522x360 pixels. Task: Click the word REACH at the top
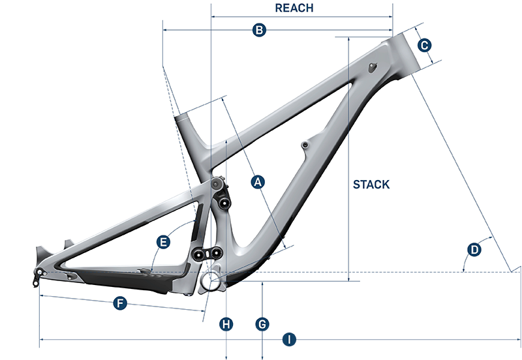coord(294,8)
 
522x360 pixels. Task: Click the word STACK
coord(371,185)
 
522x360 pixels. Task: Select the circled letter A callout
coord(258,181)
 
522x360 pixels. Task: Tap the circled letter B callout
coord(258,29)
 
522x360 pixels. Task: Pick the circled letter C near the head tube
coord(423,45)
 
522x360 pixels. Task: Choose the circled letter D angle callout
coord(474,248)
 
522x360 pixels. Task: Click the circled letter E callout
coord(164,242)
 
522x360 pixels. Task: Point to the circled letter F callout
coord(119,303)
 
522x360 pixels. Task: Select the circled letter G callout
coord(262,323)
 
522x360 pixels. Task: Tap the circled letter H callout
coord(226,323)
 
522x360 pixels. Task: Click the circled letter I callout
coord(290,339)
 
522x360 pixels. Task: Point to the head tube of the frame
coord(402,55)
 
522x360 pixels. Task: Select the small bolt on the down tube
coord(305,145)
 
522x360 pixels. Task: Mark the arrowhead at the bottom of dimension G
coord(262,357)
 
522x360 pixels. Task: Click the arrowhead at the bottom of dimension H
coord(226,357)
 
